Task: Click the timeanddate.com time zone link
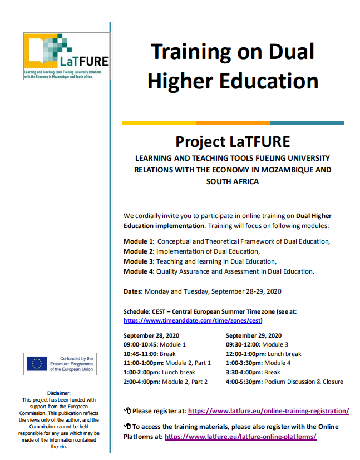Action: pyautogui.click(x=193, y=321)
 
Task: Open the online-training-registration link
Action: pyautogui.click(x=269, y=411)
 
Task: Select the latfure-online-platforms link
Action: pyautogui.click(x=240, y=437)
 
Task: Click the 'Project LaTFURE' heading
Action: pyautogui.click(x=233, y=141)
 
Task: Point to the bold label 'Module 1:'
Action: pyautogui.click(x=139, y=241)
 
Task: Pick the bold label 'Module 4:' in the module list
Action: pyautogui.click(x=139, y=271)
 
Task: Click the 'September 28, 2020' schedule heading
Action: pyautogui.click(x=151, y=335)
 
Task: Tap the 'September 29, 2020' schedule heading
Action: pyautogui.click(x=254, y=335)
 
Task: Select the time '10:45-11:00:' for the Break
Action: pyautogui.click(x=141, y=354)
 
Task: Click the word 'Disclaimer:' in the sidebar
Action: pyautogui.click(x=58, y=393)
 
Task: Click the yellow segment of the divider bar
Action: pyautogui.click(x=159, y=123)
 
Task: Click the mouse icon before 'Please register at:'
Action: pyautogui.click(x=127, y=411)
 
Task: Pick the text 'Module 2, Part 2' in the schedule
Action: pyautogui.click(x=185, y=382)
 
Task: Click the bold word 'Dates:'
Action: pyautogui.click(x=134, y=291)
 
